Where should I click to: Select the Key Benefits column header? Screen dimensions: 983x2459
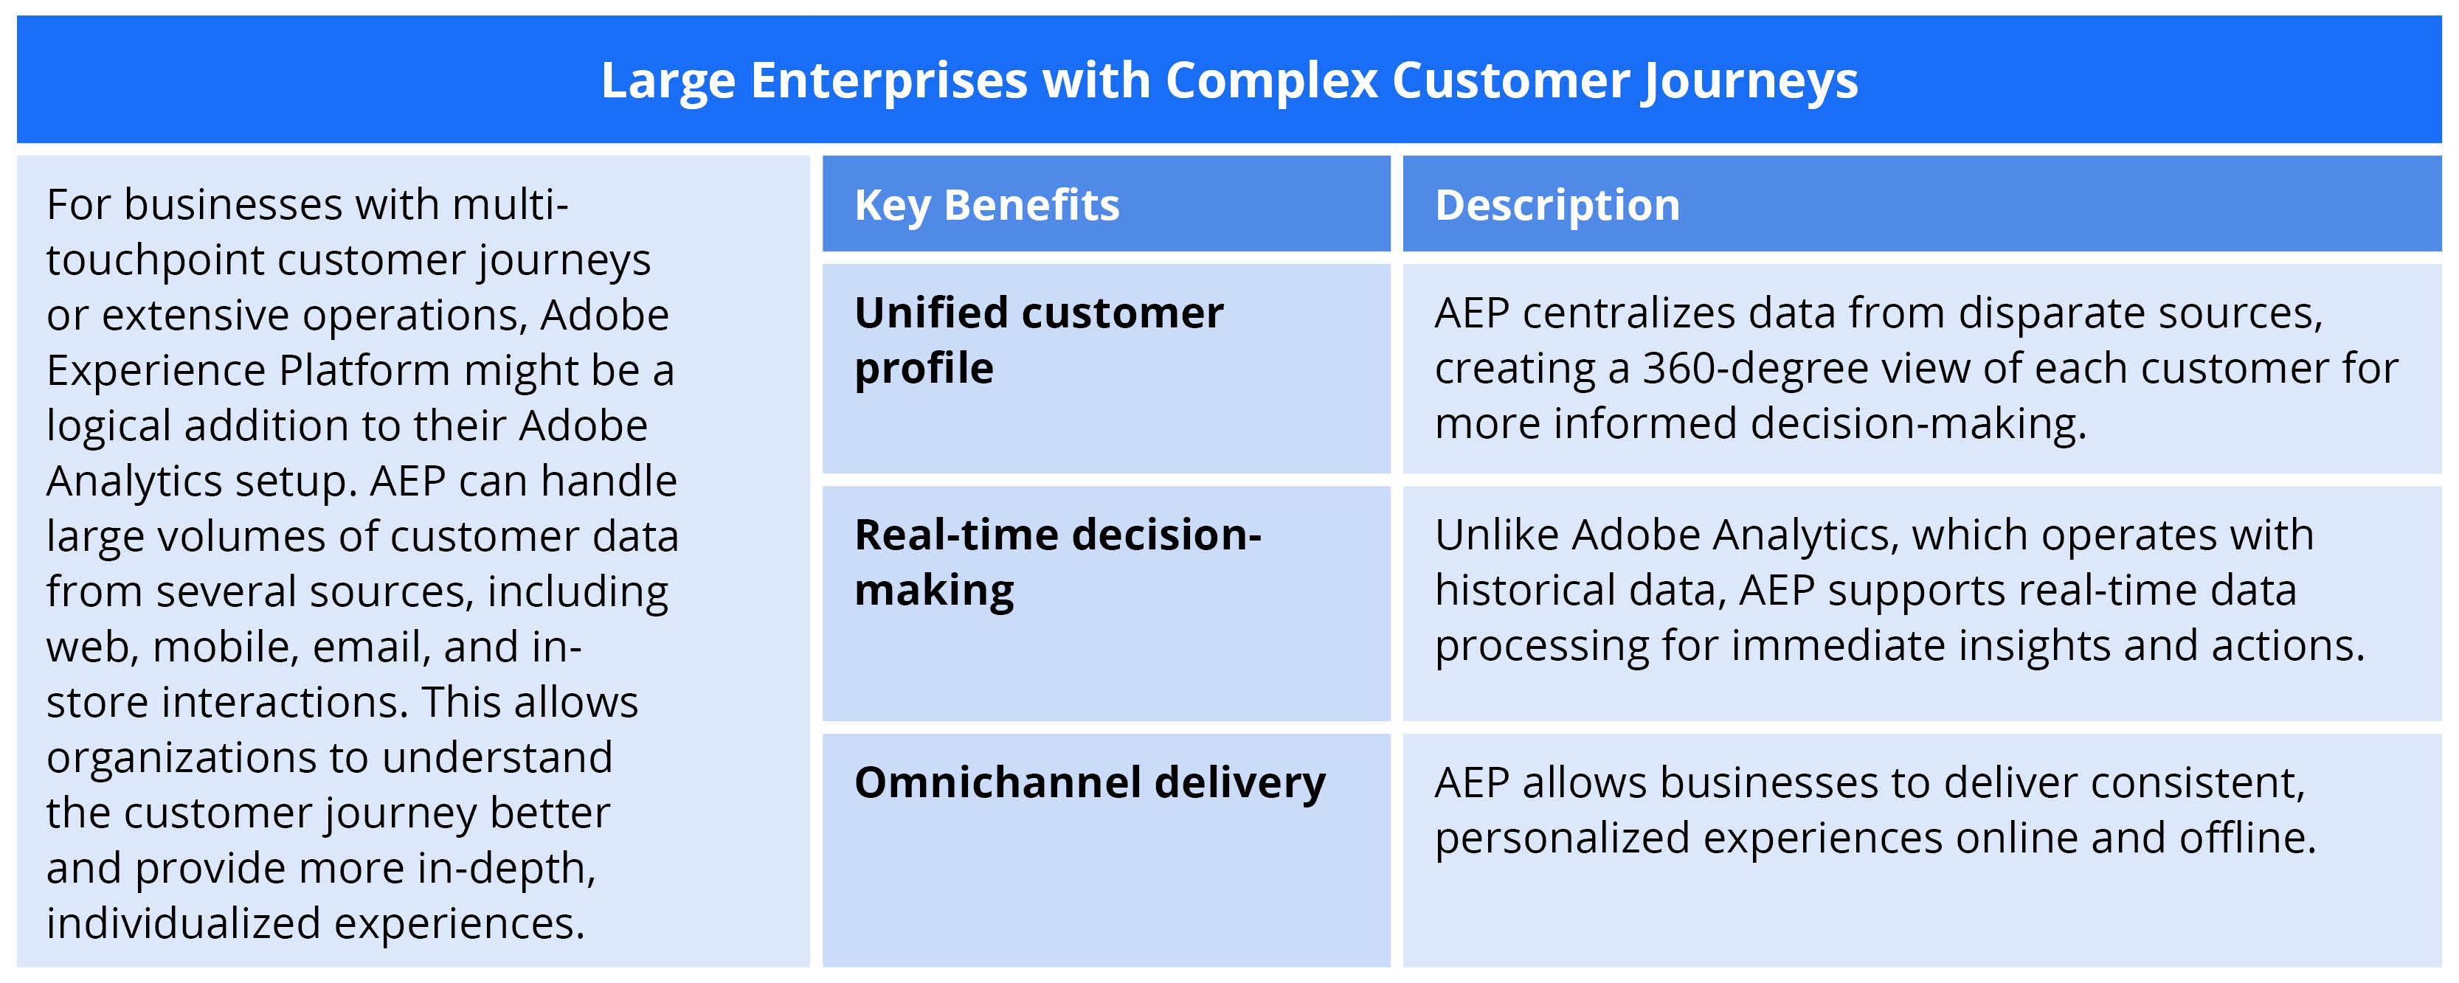(986, 205)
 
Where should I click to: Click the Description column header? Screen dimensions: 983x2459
(1557, 205)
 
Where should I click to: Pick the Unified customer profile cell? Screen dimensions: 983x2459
(1039, 341)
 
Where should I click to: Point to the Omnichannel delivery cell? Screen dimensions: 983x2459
(1089, 782)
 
